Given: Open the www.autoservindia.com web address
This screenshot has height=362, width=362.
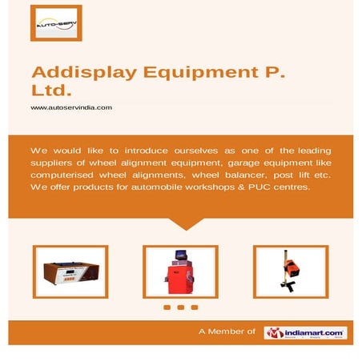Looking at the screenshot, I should click(71, 107).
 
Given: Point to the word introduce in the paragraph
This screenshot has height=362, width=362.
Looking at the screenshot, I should click(132, 151).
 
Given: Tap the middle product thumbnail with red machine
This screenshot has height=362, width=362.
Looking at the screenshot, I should click(181, 271).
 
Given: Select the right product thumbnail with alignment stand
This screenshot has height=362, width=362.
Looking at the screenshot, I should click(291, 271).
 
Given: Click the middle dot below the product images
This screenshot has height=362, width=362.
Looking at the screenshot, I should click(181, 307).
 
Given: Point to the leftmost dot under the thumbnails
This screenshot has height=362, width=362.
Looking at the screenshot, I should click(167, 307).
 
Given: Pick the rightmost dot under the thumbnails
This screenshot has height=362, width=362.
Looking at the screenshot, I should click(195, 307).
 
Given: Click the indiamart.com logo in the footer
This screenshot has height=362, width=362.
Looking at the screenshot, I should click(306, 332).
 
